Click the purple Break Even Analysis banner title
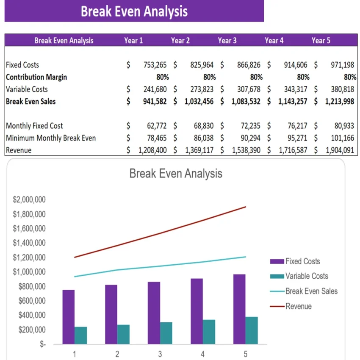tap(134, 11)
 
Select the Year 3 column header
tap(227, 41)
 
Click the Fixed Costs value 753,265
tap(152, 65)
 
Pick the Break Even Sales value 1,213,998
tap(340, 102)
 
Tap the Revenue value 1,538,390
tap(246, 150)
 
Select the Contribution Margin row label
tap(36, 77)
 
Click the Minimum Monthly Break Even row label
tap(51, 138)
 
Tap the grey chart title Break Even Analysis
tap(175, 173)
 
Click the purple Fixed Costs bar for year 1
tap(69, 317)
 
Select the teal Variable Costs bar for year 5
tap(251, 330)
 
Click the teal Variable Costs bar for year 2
tap(124, 334)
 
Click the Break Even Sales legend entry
tap(311, 291)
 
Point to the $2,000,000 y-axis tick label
tap(29, 200)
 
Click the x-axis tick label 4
tap(202, 354)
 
